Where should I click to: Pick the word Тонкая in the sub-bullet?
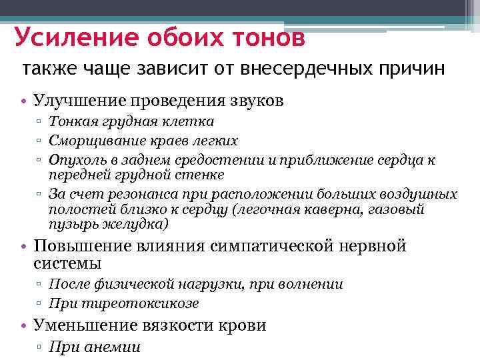tap(70, 122)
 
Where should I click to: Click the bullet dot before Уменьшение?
tap(24, 326)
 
